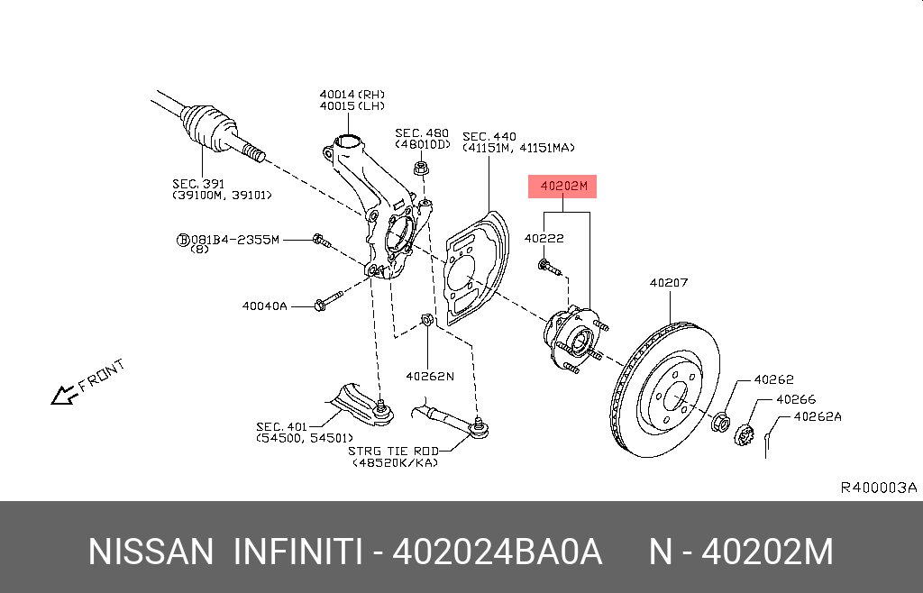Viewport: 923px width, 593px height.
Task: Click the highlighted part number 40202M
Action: tap(563, 187)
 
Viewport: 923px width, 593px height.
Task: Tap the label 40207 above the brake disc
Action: tap(669, 283)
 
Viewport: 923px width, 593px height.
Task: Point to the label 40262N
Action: tap(429, 377)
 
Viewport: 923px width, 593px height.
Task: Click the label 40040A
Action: tap(264, 306)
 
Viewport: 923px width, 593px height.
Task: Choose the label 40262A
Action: tap(817, 417)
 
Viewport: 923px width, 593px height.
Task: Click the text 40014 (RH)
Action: tap(351, 94)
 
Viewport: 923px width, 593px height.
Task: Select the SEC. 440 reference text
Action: tap(489, 137)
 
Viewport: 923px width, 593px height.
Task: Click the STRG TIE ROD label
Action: tap(396, 451)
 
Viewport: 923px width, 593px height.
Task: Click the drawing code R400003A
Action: tap(878, 488)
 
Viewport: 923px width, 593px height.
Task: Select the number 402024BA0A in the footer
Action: tap(497, 552)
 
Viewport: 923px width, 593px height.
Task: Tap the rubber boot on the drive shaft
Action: tap(206, 125)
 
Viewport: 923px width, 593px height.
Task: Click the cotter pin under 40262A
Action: tap(766, 443)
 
